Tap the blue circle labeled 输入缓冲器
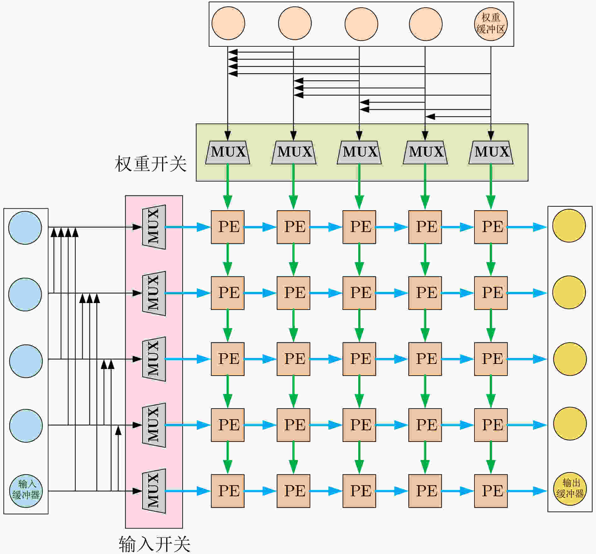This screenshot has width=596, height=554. coord(26,491)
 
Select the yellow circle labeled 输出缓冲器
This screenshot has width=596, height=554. coord(570,489)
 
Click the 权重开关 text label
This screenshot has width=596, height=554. coord(151,164)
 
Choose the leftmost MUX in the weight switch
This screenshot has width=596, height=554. coord(228,152)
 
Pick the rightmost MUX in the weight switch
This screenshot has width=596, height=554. coord(491,152)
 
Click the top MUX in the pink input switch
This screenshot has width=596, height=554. coord(154,227)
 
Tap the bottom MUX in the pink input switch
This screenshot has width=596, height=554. coord(154,491)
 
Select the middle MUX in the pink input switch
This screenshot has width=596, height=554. coord(154,359)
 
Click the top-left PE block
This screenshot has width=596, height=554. coord(228,227)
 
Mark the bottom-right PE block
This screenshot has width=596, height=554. coord(491,491)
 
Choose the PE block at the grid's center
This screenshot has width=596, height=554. coord(359,359)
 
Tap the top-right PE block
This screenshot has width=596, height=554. coord(491,227)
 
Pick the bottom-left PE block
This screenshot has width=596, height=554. coord(228,491)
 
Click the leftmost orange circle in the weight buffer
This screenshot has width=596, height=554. coord(228,23)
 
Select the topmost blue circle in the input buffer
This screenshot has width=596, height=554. coord(25,228)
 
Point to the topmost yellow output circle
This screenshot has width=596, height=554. coord(569,226)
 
